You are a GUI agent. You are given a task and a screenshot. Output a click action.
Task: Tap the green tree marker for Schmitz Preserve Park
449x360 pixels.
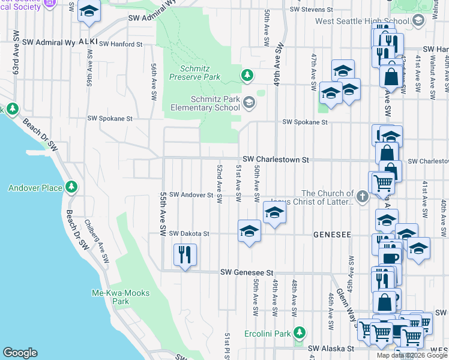coord(246,75)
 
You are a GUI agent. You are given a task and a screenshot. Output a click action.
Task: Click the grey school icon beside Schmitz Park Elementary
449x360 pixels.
coord(249,103)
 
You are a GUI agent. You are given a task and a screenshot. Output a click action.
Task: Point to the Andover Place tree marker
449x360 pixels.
coord(71,187)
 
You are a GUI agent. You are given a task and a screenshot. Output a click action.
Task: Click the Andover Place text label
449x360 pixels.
coord(35,188)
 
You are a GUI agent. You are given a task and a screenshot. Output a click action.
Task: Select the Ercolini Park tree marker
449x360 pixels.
coord(300,334)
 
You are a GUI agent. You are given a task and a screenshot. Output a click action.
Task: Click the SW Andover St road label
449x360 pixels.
coord(191,195)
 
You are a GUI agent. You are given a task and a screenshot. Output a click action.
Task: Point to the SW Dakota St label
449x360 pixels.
coord(188,233)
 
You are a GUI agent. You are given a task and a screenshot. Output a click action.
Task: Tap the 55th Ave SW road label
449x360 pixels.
coord(163,214)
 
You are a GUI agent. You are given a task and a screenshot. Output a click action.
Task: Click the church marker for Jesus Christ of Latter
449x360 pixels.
coord(362,196)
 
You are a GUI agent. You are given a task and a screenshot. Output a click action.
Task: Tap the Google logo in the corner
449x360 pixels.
coord(20,353)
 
